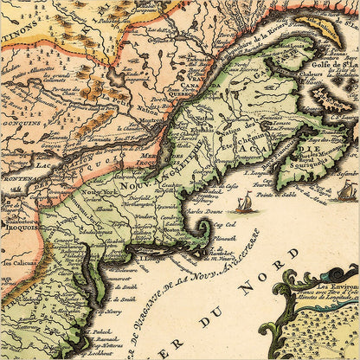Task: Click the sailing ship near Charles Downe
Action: click(244, 203)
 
